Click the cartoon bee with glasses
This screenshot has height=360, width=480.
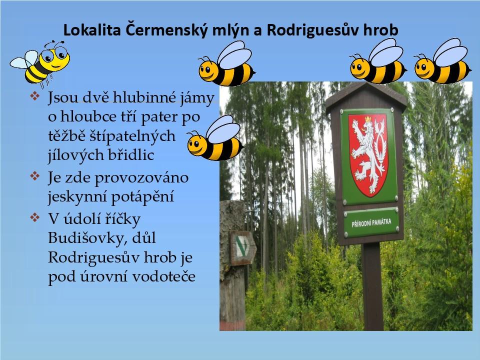[40, 63]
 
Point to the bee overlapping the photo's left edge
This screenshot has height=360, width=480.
[215, 138]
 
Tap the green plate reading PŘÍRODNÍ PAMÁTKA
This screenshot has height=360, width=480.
[371, 222]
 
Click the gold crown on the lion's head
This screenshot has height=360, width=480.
[367, 118]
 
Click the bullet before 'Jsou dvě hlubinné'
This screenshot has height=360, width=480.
[35, 96]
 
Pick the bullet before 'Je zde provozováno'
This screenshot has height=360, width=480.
[35, 176]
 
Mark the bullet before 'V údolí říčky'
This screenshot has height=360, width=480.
[35, 217]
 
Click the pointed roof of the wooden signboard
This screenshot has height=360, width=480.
[366, 95]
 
